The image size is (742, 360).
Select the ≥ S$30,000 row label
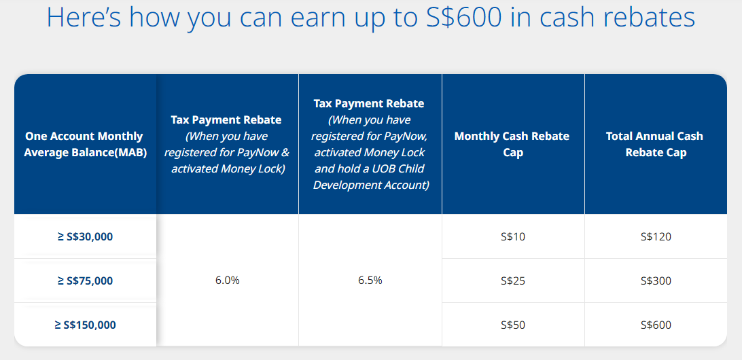pos(85,236)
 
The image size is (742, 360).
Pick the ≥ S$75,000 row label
pos(85,281)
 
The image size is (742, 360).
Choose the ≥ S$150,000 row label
pos(85,325)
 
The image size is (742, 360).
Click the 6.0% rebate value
pos(228,280)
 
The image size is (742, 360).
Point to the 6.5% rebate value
pos(370,280)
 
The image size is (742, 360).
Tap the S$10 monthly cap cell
pos(513,236)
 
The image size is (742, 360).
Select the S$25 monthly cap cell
pos(513,281)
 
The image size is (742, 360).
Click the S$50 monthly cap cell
pos(513,325)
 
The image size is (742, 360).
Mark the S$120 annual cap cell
pos(656,236)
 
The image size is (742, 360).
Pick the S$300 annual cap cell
pos(656,281)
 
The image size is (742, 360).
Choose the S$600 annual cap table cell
pos(656,325)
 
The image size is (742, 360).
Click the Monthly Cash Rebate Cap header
pos(512,145)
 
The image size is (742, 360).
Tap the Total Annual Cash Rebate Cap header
pos(656,145)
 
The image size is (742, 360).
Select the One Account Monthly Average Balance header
pos(84,145)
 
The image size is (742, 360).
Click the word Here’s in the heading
pos(85,17)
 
